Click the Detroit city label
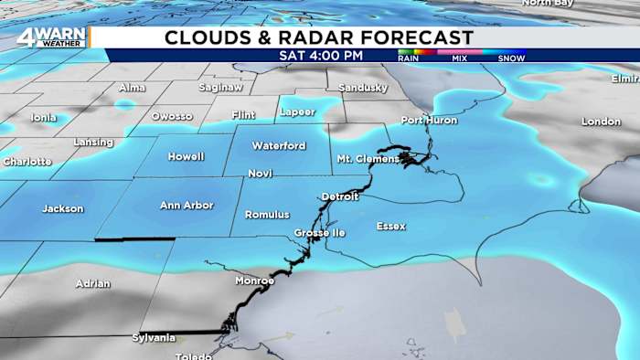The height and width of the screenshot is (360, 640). coord(340,196)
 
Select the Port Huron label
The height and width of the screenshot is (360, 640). coord(429,121)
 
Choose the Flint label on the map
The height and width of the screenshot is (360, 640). coord(244,115)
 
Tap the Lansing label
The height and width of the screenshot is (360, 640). coord(93,143)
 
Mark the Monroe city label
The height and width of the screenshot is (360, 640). coord(254,281)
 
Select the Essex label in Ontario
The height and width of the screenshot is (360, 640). coord(390,226)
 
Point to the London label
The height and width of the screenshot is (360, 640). coord(601,122)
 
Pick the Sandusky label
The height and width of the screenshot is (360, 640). coord(363,88)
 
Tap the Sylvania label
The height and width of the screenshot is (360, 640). coord(154,338)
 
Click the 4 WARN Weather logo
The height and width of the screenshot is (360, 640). coord(51,37)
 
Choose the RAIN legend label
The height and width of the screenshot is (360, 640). coord(410,58)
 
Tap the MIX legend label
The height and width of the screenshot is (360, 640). coord(460,58)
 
